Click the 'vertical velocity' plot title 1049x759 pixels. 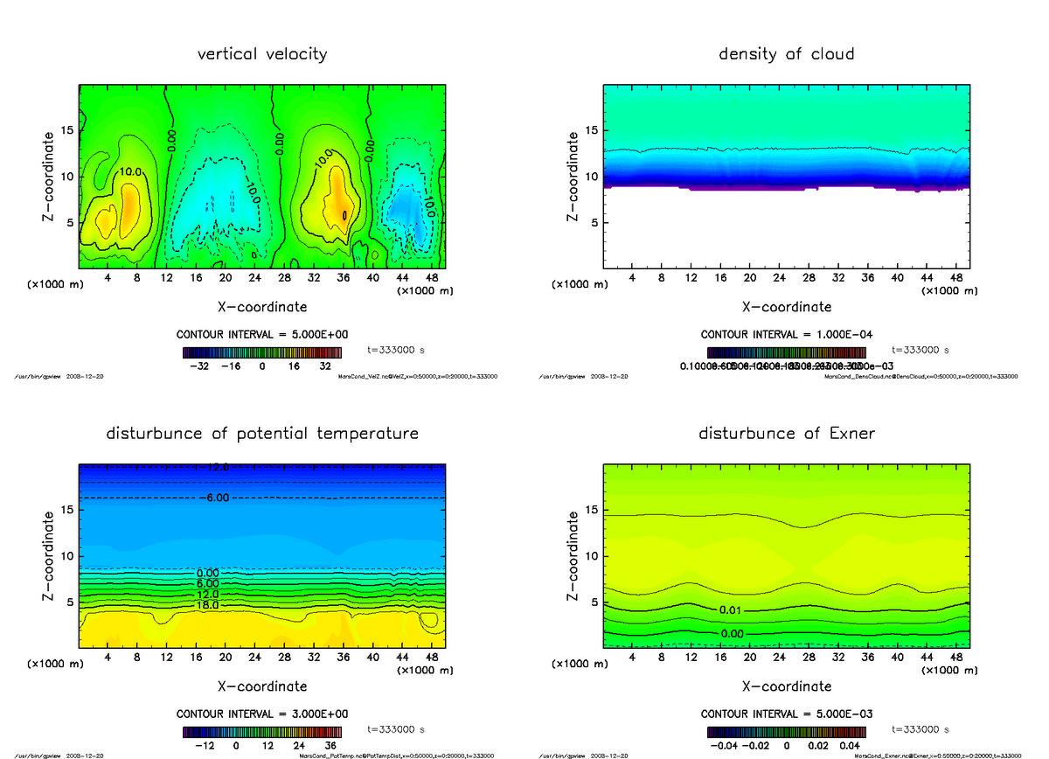[262, 54]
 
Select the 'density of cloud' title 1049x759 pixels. [786, 54]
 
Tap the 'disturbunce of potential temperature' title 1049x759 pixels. [262, 434]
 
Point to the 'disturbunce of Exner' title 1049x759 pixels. [786, 434]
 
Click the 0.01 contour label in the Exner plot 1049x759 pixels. [731, 609]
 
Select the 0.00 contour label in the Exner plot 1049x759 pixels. [731, 633]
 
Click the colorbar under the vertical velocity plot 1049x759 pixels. [263, 352]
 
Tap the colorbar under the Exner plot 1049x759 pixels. [787, 732]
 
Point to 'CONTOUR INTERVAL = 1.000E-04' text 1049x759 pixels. [787, 335]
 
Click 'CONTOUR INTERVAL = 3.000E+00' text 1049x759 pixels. [262, 714]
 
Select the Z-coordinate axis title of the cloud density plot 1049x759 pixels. [573, 176]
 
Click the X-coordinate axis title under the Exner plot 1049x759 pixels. [787, 686]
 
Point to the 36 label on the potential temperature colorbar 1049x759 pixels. [330, 747]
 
